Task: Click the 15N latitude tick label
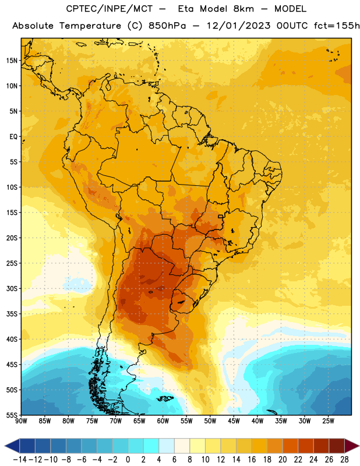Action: pyautogui.click(x=12, y=61)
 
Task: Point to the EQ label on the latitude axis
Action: pyautogui.click(x=13, y=137)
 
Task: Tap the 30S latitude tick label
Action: pyautogui.click(x=12, y=288)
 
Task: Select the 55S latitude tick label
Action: pyautogui.click(x=12, y=415)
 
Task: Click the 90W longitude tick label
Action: pyautogui.click(x=21, y=421)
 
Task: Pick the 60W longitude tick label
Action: pyautogui.click(x=163, y=421)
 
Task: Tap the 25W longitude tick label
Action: pyautogui.click(x=328, y=421)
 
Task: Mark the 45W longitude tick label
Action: pyautogui.click(x=234, y=421)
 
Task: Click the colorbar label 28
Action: pyautogui.click(x=344, y=460)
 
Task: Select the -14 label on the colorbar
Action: pyautogui.click(x=20, y=460)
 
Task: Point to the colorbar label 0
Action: pyautogui.click(x=128, y=460)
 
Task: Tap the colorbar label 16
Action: pyautogui.click(x=252, y=460)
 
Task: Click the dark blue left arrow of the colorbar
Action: pyautogui.click(x=12, y=446)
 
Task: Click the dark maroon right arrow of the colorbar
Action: pyautogui.click(x=352, y=446)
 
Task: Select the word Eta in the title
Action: pyautogui.click(x=186, y=9)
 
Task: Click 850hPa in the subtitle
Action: pyautogui.click(x=167, y=26)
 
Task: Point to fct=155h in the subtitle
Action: pyautogui.click(x=337, y=26)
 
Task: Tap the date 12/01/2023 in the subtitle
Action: pyautogui.click(x=239, y=26)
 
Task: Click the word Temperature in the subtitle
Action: pyautogui.click(x=90, y=26)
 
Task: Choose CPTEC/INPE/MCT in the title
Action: pyautogui.click(x=110, y=9)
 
